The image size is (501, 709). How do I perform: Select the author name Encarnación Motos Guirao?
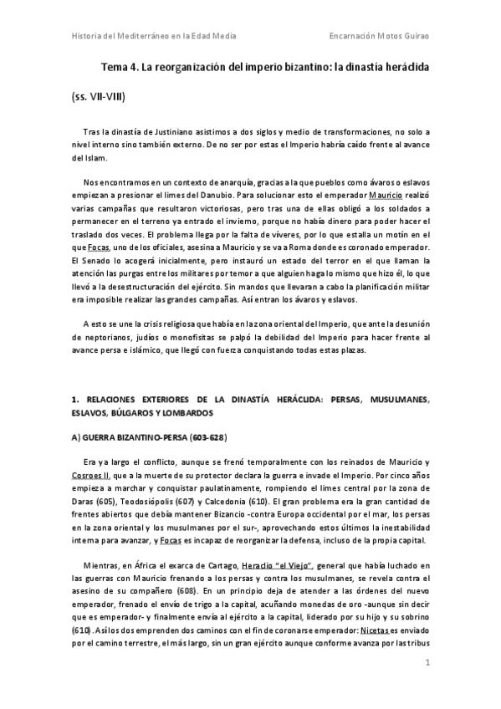[380, 37]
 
